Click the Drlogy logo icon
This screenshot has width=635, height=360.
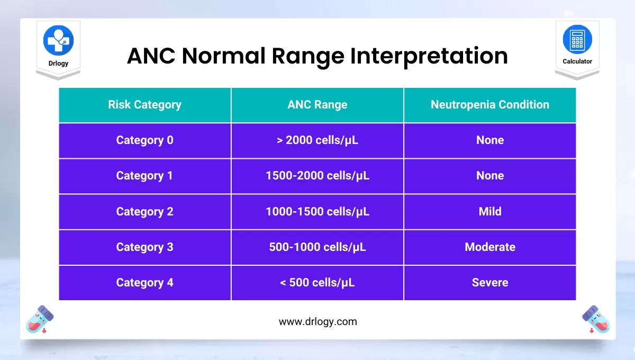(58, 40)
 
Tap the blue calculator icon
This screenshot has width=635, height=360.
(577, 39)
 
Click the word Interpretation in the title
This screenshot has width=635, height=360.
(429, 56)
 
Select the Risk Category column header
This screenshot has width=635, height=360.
(145, 105)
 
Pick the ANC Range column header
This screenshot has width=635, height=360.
(317, 105)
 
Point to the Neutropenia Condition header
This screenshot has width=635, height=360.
(490, 105)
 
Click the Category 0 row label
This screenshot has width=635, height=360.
(145, 140)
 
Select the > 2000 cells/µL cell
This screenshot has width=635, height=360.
(317, 140)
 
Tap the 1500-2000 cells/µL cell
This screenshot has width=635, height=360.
(317, 176)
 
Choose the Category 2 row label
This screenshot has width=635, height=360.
(145, 212)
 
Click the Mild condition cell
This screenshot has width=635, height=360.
(490, 212)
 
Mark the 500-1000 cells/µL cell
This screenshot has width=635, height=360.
(317, 247)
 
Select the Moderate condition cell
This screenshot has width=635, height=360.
(490, 247)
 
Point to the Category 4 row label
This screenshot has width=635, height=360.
(145, 283)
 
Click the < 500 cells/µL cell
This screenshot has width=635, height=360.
(317, 283)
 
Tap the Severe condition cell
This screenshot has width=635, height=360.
(490, 283)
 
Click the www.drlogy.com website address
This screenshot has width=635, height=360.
(318, 322)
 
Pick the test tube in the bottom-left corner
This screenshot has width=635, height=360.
(40, 319)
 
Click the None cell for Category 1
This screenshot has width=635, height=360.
(490, 176)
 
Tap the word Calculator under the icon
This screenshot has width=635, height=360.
(577, 61)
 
